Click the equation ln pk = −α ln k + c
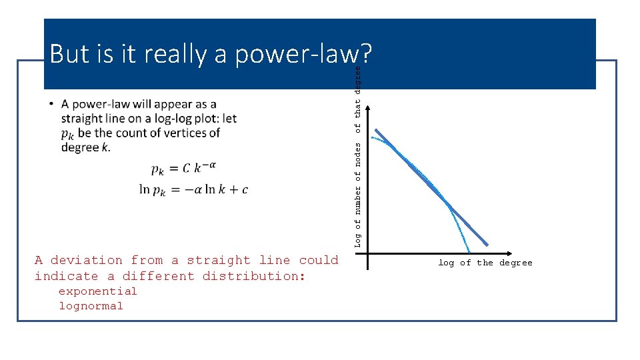[x=193, y=190]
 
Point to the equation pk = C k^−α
[x=184, y=169]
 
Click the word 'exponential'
[x=97, y=291]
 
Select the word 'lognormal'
[x=91, y=306]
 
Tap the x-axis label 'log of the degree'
[x=485, y=263]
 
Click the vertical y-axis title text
[x=358, y=157]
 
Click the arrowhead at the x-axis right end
[x=511, y=254]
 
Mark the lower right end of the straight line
[x=487, y=244]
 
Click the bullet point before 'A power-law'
[x=52, y=105]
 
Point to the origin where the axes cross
[x=367, y=254]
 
